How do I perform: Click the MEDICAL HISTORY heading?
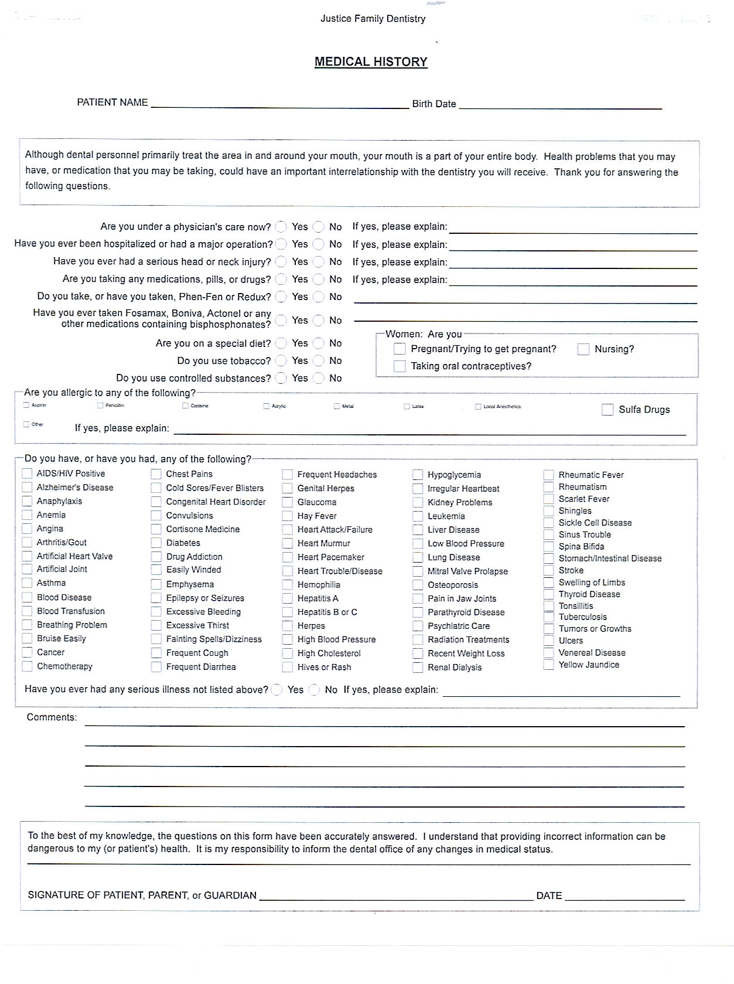pyautogui.click(x=371, y=62)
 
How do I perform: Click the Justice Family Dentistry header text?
pyautogui.click(x=373, y=19)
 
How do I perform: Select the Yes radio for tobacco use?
pyautogui.click(x=282, y=361)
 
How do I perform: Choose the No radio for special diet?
pyautogui.click(x=319, y=343)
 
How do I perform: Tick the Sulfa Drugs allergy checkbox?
pyautogui.click(x=607, y=410)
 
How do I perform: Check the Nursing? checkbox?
pyautogui.click(x=583, y=349)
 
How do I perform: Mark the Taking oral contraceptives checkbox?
pyautogui.click(x=400, y=366)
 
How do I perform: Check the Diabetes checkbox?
pyautogui.click(x=156, y=543)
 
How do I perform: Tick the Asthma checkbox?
pyautogui.click(x=27, y=583)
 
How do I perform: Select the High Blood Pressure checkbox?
pyautogui.click(x=288, y=640)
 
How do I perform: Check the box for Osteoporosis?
pyautogui.click(x=418, y=585)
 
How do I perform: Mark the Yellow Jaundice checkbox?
pyautogui.click(x=548, y=665)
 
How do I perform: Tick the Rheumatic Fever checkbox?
pyautogui.click(x=548, y=475)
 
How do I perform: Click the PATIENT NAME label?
pyautogui.click(x=112, y=103)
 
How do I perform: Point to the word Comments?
pyautogui.click(x=52, y=717)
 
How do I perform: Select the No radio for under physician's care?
pyautogui.click(x=319, y=227)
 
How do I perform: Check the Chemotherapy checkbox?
pyautogui.click(x=27, y=666)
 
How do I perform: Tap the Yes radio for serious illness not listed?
pyautogui.click(x=277, y=690)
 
